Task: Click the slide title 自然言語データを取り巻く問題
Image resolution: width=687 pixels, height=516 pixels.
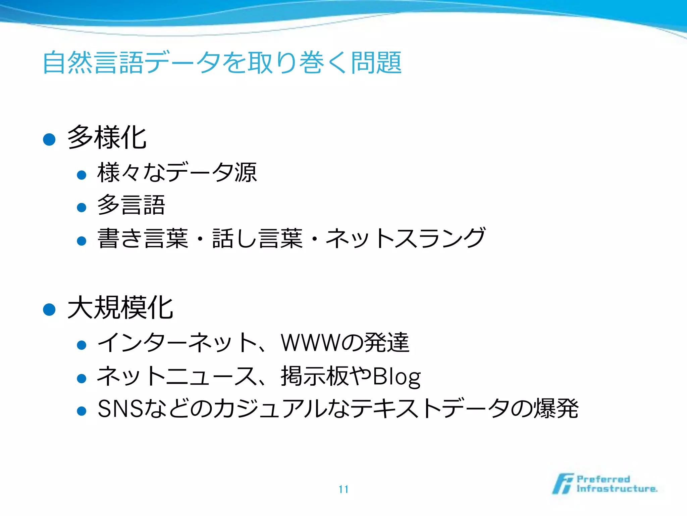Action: click(222, 62)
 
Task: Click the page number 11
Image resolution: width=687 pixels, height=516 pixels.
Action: click(343, 489)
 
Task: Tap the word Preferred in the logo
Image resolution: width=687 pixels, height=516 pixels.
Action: click(603, 479)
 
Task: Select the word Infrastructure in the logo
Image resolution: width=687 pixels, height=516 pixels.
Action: click(617, 489)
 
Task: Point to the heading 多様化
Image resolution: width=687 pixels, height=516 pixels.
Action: click(107, 137)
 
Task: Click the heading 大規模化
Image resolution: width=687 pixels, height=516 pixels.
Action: click(120, 308)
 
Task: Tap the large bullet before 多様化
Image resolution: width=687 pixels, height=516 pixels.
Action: click(49, 139)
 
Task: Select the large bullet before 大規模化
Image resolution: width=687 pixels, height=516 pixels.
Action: click(49, 309)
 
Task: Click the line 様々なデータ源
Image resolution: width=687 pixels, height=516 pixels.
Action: click(177, 173)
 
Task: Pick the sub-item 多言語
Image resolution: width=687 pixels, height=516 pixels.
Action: click(131, 205)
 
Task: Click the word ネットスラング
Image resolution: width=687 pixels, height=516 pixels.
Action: click(405, 238)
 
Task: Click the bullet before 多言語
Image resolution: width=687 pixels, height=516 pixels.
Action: click(82, 207)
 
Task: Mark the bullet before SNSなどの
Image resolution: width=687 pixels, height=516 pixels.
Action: click(82, 411)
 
